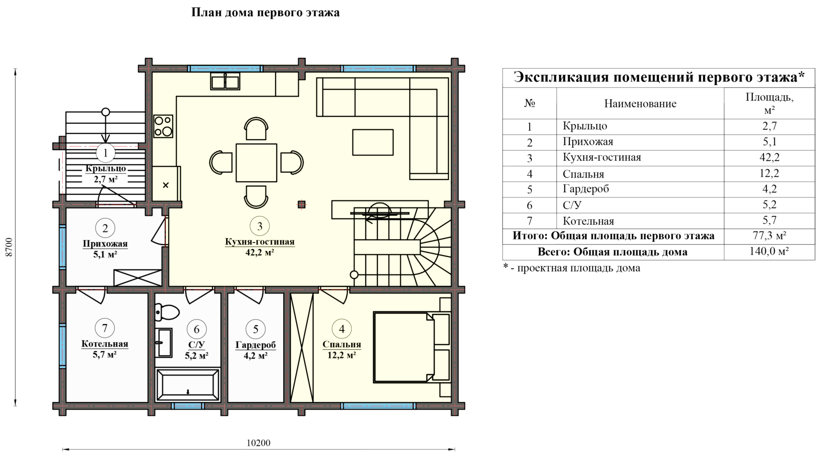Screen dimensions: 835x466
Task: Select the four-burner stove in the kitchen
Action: pyautogui.click(x=163, y=126)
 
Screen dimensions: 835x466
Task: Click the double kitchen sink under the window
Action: pyautogui.click(x=225, y=81)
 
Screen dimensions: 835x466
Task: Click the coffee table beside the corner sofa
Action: pyautogui.click(x=373, y=142)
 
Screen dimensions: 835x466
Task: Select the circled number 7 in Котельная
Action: pyautogui.click(x=105, y=328)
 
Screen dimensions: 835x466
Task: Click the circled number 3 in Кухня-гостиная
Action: pyautogui.click(x=260, y=226)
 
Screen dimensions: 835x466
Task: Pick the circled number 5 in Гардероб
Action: pyautogui.click(x=256, y=329)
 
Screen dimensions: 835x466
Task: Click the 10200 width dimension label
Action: pyautogui.click(x=258, y=443)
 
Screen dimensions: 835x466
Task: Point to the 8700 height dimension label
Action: pyautogui.click(x=9, y=248)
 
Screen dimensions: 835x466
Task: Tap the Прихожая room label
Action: pyautogui.click(x=105, y=244)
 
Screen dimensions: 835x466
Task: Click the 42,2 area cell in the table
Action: pyautogui.click(x=769, y=157)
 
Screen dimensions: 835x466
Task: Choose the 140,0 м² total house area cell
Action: pyautogui.click(x=769, y=252)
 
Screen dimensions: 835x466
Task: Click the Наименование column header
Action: pyautogui.click(x=640, y=104)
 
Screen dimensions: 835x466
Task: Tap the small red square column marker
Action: pyautogui.click(x=301, y=204)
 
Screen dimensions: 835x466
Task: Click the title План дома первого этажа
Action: pyautogui.click(x=265, y=12)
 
